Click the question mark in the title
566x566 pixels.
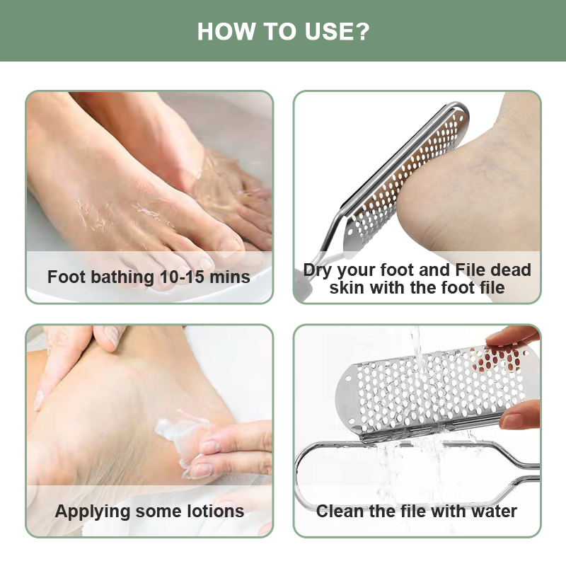point(364,31)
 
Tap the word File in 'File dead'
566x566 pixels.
point(470,270)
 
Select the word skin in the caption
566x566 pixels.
point(346,288)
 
